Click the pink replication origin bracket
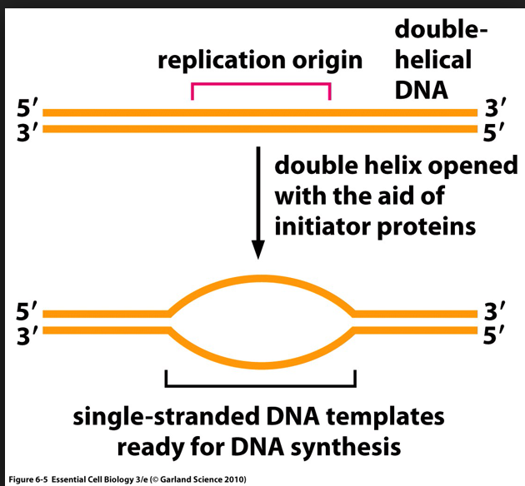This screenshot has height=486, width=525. click(261, 84)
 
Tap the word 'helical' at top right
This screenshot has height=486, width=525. click(432, 60)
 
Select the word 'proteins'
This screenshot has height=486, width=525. click(429, 226)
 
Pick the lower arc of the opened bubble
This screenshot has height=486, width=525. click(262, 365)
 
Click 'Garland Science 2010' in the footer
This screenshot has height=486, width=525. click(200, 479)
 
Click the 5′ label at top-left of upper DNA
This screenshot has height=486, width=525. click(27, 109)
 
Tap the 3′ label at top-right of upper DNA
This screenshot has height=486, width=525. click(496, 109)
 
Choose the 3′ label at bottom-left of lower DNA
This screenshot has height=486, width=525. click(27, 335)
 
